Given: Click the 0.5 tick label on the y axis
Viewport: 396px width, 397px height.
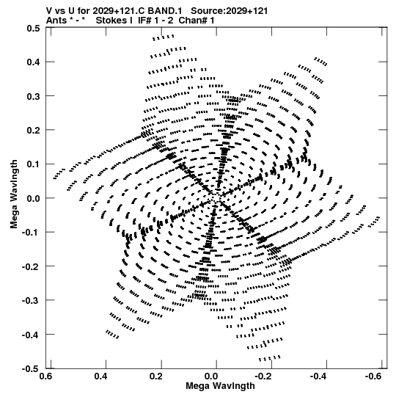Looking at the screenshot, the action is click(33, 28).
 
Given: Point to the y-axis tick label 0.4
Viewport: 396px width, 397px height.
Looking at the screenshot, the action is click(33, 62).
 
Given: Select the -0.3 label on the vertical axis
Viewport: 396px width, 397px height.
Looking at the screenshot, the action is click(31, 301).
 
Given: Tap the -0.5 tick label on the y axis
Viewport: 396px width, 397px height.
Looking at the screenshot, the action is click(31, 369).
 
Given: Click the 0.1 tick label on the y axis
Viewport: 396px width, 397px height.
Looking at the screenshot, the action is click(33, 164).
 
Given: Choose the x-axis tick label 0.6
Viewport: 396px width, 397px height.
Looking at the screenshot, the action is click(46, 376).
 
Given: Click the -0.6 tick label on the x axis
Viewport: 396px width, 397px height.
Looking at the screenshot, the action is click(373, 376).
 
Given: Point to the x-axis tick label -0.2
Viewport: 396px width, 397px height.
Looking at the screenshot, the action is click(263, 376).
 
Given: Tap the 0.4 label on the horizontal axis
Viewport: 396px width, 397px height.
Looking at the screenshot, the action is click(101, 376).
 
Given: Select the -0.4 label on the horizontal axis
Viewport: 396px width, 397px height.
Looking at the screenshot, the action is click(318, 376).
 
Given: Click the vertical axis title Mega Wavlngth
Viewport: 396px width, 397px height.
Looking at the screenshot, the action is click(14, 194).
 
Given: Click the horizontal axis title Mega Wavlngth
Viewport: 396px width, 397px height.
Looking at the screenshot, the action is click(220, 386).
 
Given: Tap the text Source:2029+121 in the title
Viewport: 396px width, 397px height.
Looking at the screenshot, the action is click(229, 11).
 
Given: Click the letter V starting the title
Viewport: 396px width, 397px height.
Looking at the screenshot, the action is click(49, 11).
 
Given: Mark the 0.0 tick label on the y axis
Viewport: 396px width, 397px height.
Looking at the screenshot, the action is click(33, 198).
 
